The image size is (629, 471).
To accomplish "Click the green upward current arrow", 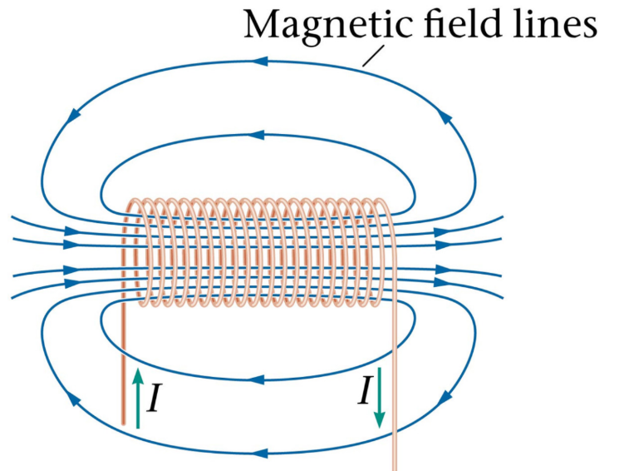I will click(137, 398).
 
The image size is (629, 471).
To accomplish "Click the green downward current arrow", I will click(379, 396).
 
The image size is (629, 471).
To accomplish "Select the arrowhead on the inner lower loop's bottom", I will click(265, 379).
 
